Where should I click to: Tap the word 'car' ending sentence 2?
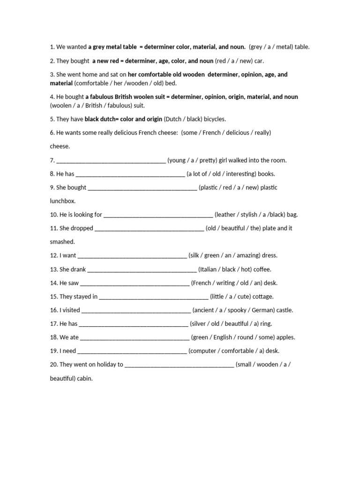257,61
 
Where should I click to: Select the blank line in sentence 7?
111,161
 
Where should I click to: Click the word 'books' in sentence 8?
266,174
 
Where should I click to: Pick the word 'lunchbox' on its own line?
62,201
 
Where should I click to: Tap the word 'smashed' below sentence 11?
62,242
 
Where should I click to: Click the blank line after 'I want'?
132,256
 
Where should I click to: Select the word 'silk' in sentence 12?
196,255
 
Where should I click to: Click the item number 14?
53,283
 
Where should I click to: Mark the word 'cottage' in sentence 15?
263,296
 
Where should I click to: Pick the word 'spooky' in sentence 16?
236,310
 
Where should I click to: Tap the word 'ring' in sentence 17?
266,323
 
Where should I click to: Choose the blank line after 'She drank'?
142,270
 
